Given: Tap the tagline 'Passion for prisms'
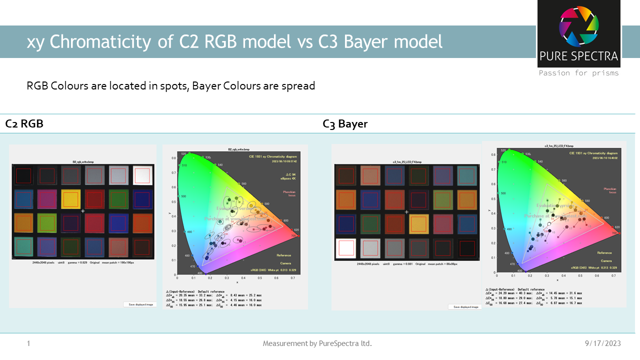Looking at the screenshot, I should pos(578,73).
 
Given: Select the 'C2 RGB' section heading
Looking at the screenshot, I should pos(24,124).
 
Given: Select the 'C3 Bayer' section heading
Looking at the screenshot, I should pos(345,124).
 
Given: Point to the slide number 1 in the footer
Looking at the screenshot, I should pos(28,343).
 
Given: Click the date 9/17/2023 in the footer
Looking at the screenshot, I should pos(602,343).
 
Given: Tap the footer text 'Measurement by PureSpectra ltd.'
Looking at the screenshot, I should pos(317,343).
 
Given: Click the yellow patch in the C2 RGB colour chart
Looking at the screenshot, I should pos(70,198).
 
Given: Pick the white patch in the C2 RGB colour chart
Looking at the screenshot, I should pos(142,175).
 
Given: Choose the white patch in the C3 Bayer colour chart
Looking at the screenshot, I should pos(346,247).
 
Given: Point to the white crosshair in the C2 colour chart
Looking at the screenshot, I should pos(83,212).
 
